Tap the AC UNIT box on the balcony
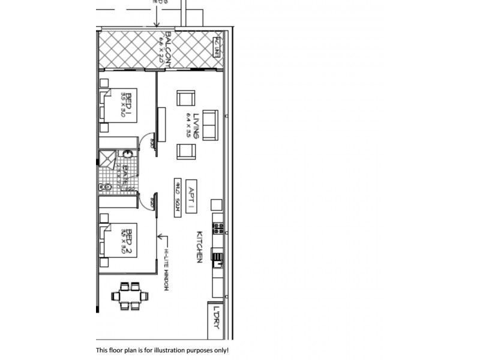point(217,46)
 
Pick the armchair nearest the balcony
point(186,98)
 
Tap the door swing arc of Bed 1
point(146,142)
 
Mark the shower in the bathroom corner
point(106,158)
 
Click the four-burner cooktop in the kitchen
point(219,229)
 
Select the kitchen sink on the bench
point(219,259)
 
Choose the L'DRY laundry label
point(215,317)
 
